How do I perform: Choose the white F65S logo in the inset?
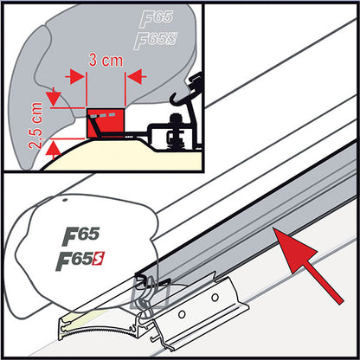pyautogui.click(x=157, y=40)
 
